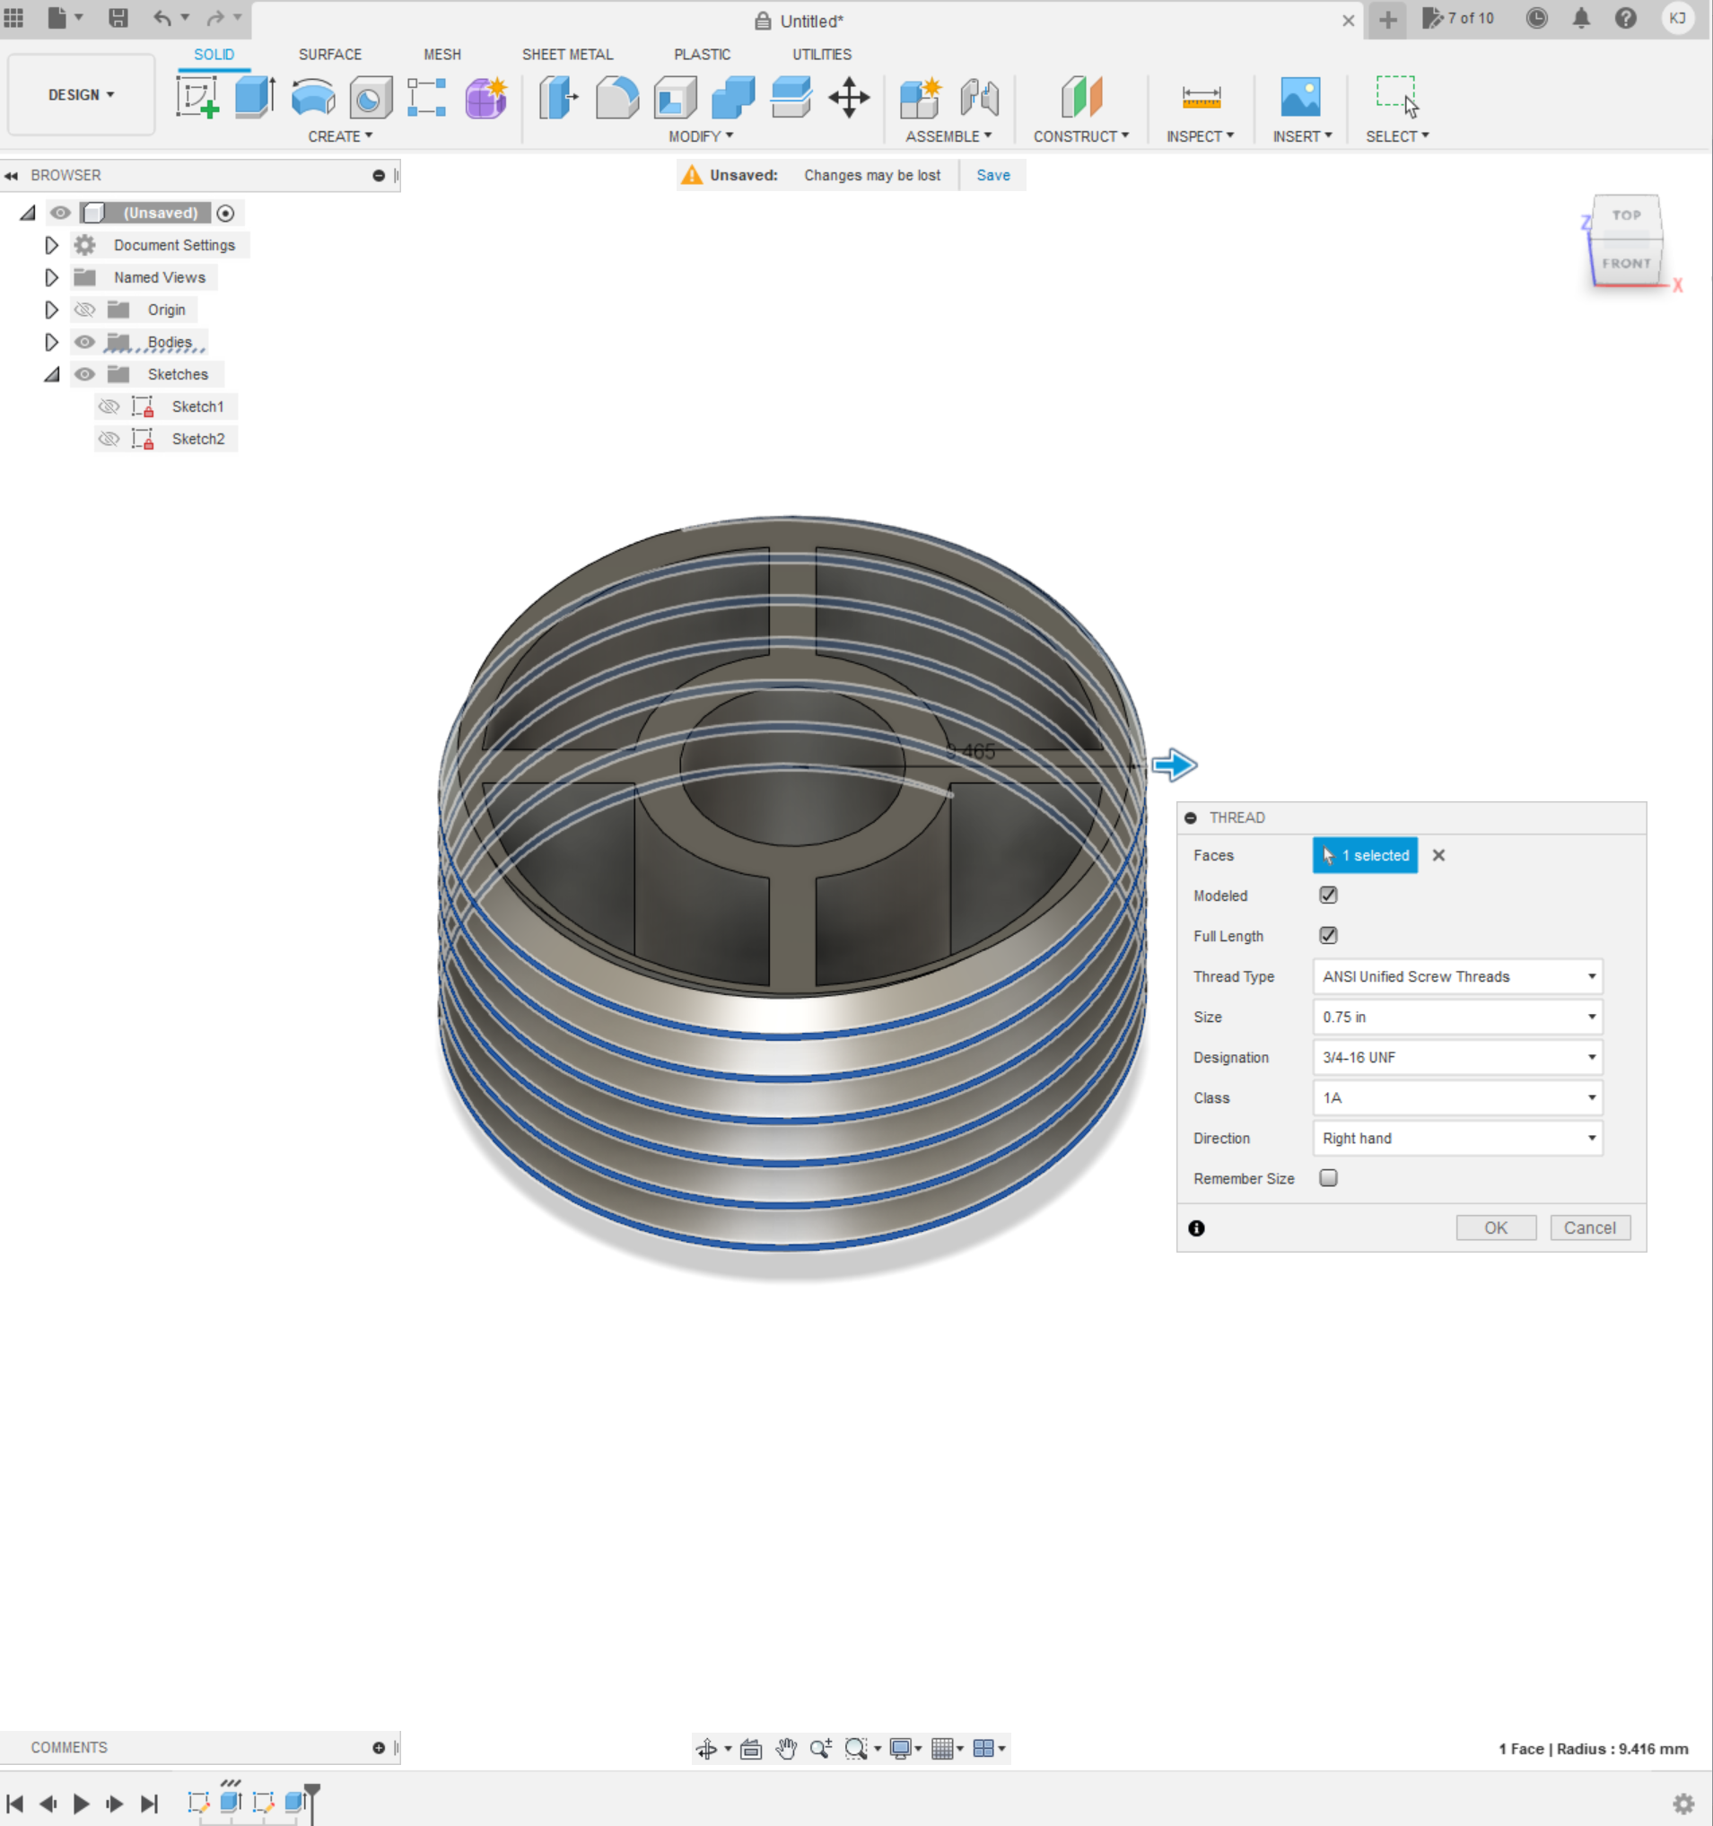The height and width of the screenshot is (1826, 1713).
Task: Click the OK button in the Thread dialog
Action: coord(1495,1228)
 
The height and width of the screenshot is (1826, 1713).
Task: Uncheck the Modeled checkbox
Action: coord(1328,895)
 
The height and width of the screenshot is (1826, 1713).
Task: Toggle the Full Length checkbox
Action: coord(1328,935)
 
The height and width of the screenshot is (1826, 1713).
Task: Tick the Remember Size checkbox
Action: coord(1328,1177)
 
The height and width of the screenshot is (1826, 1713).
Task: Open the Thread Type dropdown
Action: coord(1456,976)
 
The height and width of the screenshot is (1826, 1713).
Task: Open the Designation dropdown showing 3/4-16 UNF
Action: coord(1456,1057)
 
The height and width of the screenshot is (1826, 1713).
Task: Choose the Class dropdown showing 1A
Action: coord(1456,1097)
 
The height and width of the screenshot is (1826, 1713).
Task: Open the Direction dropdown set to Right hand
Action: coord(1456,1138)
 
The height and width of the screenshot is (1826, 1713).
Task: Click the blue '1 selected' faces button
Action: coord(1365,855)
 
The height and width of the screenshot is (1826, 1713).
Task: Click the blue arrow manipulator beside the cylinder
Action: coord(1175,764)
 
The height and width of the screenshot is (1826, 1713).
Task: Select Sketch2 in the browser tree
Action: coord(197,439)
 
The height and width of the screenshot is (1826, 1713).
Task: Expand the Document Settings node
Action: coord(51,245)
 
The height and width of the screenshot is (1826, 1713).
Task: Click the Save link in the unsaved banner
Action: coord(993,176)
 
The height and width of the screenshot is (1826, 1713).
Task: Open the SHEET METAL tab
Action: coord(567,54)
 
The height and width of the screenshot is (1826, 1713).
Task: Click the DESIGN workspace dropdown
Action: coord(81,94)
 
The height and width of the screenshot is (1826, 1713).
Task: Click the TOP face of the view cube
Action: coord(1626,215)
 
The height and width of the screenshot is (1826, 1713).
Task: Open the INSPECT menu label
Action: coord(1199,135)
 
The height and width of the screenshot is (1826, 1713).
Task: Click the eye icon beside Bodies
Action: coord(84,342)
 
